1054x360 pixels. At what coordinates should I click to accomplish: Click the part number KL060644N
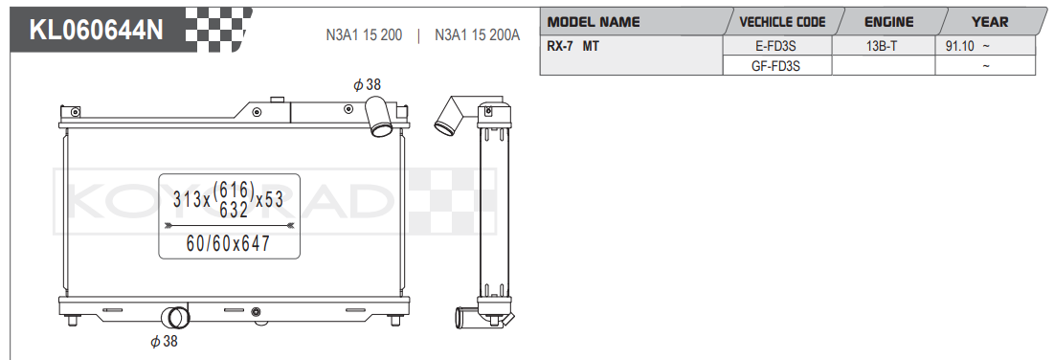tap(96, 31)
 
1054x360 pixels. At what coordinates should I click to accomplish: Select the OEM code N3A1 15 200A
tap(478, 35)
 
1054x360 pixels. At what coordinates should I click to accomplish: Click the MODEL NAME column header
tap(594, 21)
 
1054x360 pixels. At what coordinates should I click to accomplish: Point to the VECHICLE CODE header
tap(782, 21)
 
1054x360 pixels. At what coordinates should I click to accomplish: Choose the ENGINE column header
tap(888, 21)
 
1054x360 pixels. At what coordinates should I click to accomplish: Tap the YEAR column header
tap(990, 21)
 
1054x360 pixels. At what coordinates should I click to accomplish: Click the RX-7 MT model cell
tap(572, 46)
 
